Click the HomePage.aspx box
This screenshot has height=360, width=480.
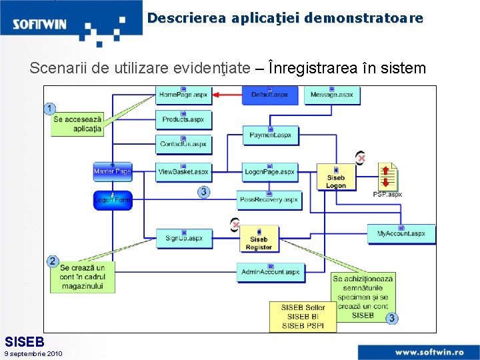click(x=183, y=95)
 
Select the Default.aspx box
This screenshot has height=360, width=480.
click(x=269, y=95)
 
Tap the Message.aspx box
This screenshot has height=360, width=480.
click(x=332, y=95)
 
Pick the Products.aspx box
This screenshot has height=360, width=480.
click(x=183, y=119)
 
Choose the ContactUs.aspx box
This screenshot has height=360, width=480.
click(x=183, y=143)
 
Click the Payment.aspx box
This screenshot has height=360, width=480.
click(x=270, y=135)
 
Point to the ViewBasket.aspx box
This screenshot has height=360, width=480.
click(x=183, y=171)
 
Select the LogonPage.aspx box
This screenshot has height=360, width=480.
click(x=269, y=171)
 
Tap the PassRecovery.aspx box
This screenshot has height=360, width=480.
click(x=269, y=199)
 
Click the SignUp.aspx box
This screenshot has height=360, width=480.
click(x=184, y=237)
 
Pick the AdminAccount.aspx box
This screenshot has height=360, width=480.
click(x=270, y=271)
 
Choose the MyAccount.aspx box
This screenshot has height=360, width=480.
click(x=401, y=233)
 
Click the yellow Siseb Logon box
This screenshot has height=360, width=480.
click(x=336, y=178)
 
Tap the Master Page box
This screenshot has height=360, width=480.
click(x=112, y=171)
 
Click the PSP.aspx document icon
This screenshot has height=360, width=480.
click(x=387, y=177)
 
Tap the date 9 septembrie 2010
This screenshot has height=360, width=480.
click(x=33, y=353)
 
